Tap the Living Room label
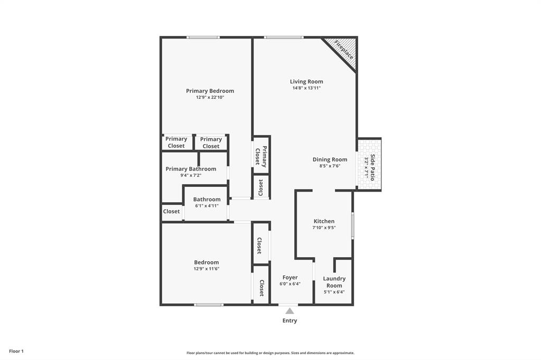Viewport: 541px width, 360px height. tap(306, 82)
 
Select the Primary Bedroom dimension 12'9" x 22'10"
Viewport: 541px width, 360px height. tap(210, 98)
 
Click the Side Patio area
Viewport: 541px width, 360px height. tap(370, 165)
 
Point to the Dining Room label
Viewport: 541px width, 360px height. tap(330, 159)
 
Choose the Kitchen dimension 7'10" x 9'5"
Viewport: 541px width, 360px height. tap(324, 228)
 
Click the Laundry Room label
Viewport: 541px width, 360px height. tap(334, 282)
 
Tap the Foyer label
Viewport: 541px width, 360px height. tap(290, 278)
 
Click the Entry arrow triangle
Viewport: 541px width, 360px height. tap(290, 311)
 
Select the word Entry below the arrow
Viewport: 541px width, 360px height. tap(290, 320)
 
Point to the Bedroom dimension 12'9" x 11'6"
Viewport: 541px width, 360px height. tap(206, 269)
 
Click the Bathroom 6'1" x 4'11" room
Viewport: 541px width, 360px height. tap(207, 203)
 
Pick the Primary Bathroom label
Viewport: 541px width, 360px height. tap(191, 169)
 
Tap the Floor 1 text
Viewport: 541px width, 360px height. tap(16, 351)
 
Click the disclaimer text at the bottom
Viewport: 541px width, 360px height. tap(270, 353)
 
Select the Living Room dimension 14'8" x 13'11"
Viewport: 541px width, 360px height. tap(306, 88)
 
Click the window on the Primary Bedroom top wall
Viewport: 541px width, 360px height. tap(203, 37)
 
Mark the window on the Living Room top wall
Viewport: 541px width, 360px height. tap(284, 37)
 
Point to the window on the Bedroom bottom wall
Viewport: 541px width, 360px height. tap(209, 305)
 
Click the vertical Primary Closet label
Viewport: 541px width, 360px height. tap(261, 156)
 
